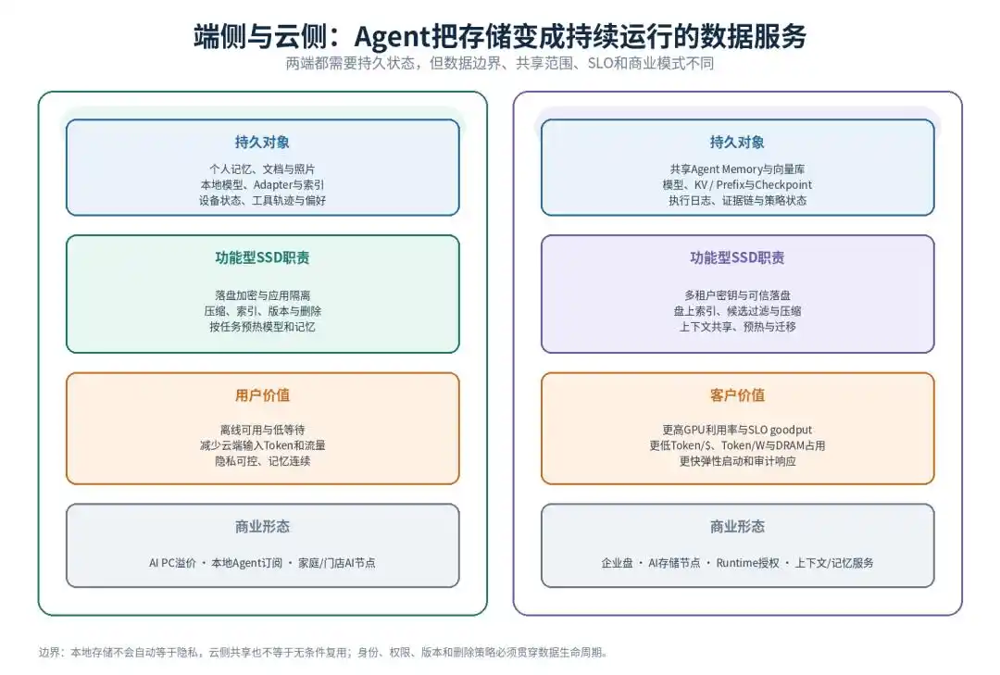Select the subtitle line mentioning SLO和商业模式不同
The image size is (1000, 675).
(499, 63)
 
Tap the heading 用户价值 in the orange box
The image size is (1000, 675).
(262, 395)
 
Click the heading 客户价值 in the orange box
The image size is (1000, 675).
(737, 395)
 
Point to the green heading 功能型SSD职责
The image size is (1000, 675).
(262, 257)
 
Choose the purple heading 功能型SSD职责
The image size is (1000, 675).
(737, 257)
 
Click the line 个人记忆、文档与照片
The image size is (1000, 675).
(262, 169)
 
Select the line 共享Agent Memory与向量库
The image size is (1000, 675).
(737, 169)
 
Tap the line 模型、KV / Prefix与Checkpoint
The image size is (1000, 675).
(737, 185)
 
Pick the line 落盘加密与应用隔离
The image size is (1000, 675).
(262, 295)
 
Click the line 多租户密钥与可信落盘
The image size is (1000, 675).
(737, 295)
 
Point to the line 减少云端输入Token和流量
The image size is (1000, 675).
(262, 445)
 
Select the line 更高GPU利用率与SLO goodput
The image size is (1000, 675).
(737, 430)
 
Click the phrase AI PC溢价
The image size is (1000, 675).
(172, 563)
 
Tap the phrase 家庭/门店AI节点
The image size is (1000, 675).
(337, 563)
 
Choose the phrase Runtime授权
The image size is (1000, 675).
(747, 563)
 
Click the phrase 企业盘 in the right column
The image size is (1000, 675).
(617, 563)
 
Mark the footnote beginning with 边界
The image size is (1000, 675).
(323, 652)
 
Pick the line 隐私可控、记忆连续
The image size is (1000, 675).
(262, 461)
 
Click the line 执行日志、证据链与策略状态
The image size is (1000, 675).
(737, 200)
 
